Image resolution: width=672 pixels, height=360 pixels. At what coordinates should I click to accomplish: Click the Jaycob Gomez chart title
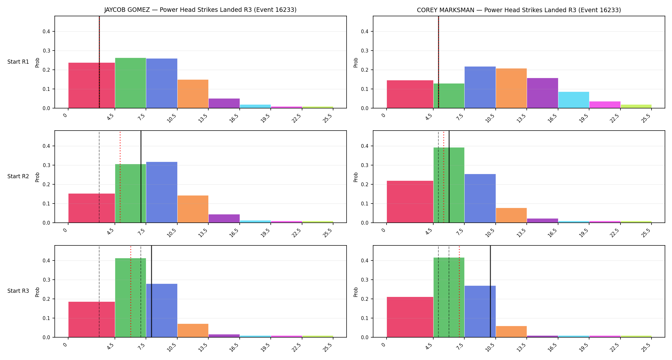pyautogui.click(x=200, y=10)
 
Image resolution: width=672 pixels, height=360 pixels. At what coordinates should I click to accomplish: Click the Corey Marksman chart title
pyautogui.click(x=519, y=10)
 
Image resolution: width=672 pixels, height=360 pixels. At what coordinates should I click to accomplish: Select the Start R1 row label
pyautogui.click(x=18, y=62)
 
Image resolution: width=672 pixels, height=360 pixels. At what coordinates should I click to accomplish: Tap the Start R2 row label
pyautogui.click(x=18, y=176)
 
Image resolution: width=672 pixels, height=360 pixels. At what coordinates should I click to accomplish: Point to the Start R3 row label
pyautogui.click(x=18, y=291)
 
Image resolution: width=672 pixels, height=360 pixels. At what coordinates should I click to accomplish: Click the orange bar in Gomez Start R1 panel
pyautogui.click(x=193, y=94)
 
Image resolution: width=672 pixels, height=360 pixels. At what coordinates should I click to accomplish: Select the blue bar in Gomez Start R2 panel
pyautogui.click(x=162, y=192)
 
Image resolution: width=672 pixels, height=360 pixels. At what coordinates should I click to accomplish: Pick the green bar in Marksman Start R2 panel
pyautogui.click(x=449, y=185)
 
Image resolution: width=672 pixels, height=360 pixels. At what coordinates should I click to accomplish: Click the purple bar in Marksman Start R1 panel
pyautogui.click(x=542, y=93)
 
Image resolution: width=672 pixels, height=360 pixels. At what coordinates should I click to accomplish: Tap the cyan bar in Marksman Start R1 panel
pyautogui.click(x=574, y=100)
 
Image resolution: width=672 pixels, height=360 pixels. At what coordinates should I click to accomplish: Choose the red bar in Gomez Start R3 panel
pyautogui.click(x=92, y=319)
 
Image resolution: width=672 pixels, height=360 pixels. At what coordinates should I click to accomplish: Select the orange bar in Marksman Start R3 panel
pyautogui.click(x=511, y=332)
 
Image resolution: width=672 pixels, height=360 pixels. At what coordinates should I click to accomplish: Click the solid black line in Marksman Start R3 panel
pyautogui.click(x=490, y=292)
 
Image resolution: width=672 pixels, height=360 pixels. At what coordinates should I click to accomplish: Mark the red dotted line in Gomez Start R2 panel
pyautogui.click(x=120, y=177)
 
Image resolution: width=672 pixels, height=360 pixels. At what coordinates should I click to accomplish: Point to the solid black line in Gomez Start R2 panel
pyautogui.click(x=141, y=177)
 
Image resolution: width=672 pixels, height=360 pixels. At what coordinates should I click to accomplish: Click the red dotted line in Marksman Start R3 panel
pyautogui.click(x=459, y=292)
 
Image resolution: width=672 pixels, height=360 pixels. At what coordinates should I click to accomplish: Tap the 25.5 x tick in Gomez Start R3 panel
pyautogui.click(x=328, y=347)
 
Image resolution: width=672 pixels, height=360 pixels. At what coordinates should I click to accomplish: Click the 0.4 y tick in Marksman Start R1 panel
pyautogui.click(x=364, y=31)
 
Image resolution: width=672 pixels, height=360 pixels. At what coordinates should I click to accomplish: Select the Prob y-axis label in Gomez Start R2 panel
pyautogui.click(x=37, y=177)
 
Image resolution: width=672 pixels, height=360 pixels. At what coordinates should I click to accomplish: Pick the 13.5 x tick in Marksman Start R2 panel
pyautogui.click(x=522, y=233)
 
